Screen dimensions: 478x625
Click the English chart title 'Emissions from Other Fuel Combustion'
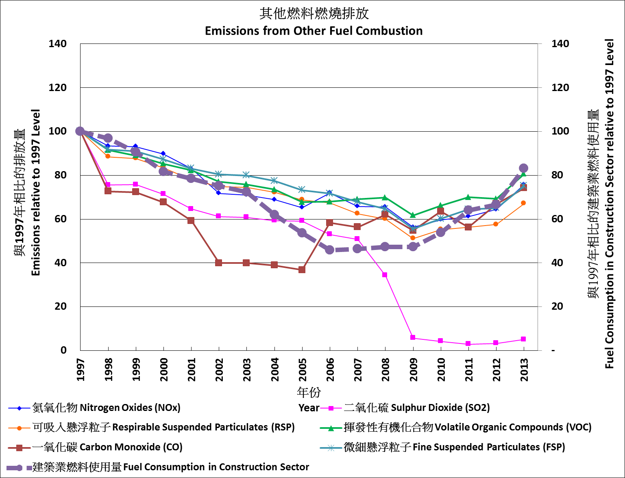point(314,31)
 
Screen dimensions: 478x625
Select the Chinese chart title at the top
point(314,14)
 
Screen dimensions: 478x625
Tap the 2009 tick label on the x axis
point(414,369)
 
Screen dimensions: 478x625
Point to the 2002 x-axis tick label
point(219,369)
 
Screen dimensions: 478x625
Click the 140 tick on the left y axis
point(58,43)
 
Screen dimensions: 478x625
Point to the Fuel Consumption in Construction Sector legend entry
point(171,467)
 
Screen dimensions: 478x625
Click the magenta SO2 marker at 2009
point(413,337)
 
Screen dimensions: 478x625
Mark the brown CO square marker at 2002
point(219,263)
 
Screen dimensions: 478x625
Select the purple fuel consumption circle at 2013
point(524,168)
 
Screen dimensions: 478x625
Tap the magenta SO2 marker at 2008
point(385,275)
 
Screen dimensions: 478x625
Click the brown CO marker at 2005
point(302,269)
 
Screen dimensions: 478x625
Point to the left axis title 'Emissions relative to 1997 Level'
point(36,192)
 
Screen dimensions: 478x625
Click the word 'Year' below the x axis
point(309,408)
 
